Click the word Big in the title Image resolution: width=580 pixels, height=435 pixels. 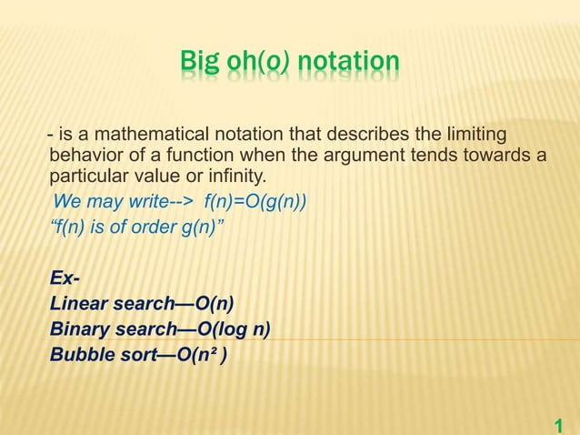[198, 64]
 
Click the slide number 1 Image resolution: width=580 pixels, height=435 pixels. [559, 424]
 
